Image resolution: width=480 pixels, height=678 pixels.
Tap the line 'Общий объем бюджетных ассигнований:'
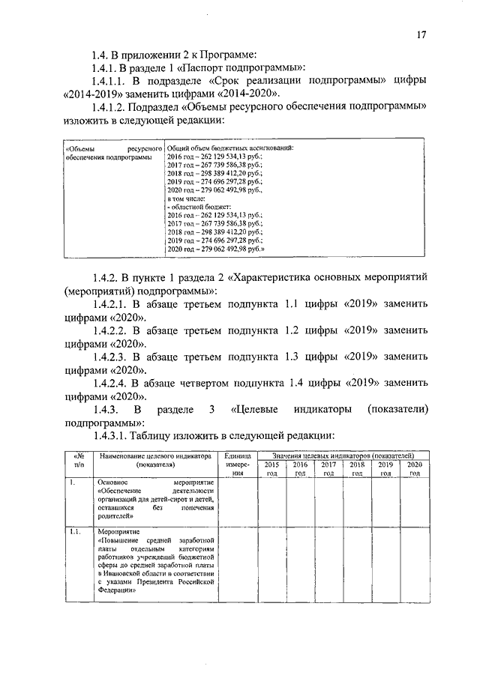click(229, 148)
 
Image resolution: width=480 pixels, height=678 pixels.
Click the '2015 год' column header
click(271, 469)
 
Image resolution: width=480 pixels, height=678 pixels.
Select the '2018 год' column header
click(357, 469)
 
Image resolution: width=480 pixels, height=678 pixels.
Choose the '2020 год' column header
click(415, 469)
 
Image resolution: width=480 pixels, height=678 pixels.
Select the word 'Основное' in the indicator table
click(114, 483)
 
